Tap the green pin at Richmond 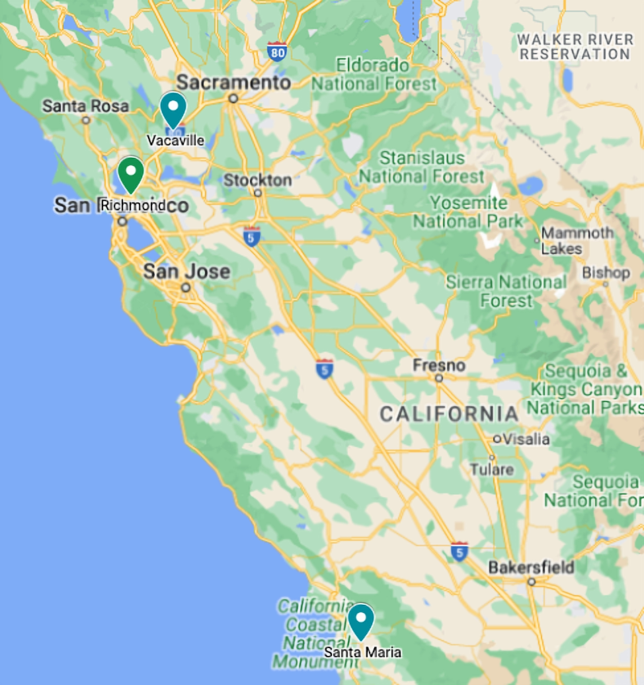(x=131, y=173)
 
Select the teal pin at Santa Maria (x=361, y=620)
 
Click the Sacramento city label (x=234, y=83)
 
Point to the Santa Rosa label (x=85, y=106)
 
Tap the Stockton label (x=257, y=180)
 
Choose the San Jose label (x=186, y=271)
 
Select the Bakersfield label (x=531, y=567)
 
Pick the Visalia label (x=526, y=439)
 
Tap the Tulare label (x=491, y=469)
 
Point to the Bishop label (x=606, y=272)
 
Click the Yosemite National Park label (x=469, y=212)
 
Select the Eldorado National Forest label (x=374, y=75)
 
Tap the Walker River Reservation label (x=575, y=47)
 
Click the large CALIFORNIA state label (x=449, y=415)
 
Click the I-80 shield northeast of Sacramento (x=277, y=51)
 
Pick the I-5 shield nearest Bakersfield (x=460, y=551)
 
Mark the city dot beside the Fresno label (x=438, y=378)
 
